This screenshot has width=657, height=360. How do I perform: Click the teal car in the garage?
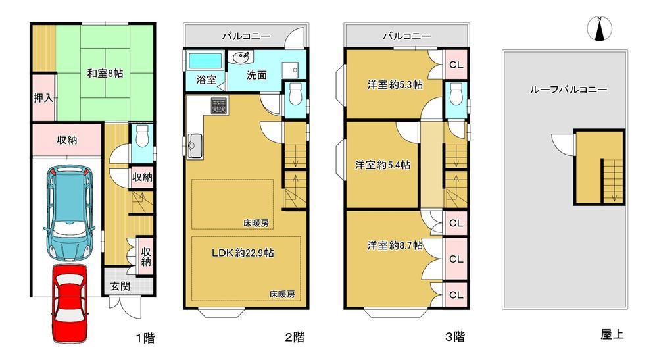(69, 213)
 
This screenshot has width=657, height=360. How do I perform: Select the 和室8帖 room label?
(105, 73)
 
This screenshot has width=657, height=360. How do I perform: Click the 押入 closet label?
(43, 98)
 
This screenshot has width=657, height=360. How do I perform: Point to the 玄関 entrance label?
(120, 287)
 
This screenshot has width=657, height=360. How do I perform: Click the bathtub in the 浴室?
(205, 61)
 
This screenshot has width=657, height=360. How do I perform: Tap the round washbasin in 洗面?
(240, 58)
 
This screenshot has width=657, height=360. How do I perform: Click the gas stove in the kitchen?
(219, 105)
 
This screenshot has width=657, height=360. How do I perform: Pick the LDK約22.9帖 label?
(243, 253)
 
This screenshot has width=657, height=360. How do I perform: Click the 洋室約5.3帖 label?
(395, 85)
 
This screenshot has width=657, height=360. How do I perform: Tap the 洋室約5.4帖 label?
(383, 165)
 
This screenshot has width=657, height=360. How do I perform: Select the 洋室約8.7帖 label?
(395, 245)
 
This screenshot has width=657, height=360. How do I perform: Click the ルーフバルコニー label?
(568, 90)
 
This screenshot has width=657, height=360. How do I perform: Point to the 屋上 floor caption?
(612, 334)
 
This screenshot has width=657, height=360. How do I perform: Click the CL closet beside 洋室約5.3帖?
(456, 64)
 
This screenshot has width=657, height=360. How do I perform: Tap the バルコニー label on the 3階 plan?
(407, 36)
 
